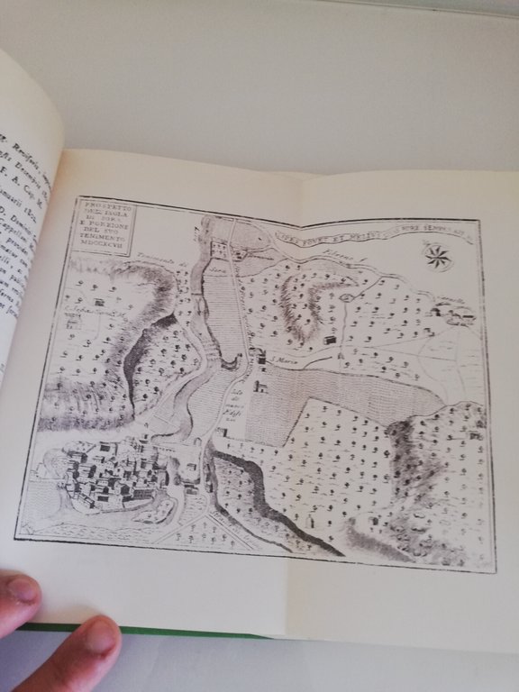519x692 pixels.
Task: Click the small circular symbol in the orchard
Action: [347, 297]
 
